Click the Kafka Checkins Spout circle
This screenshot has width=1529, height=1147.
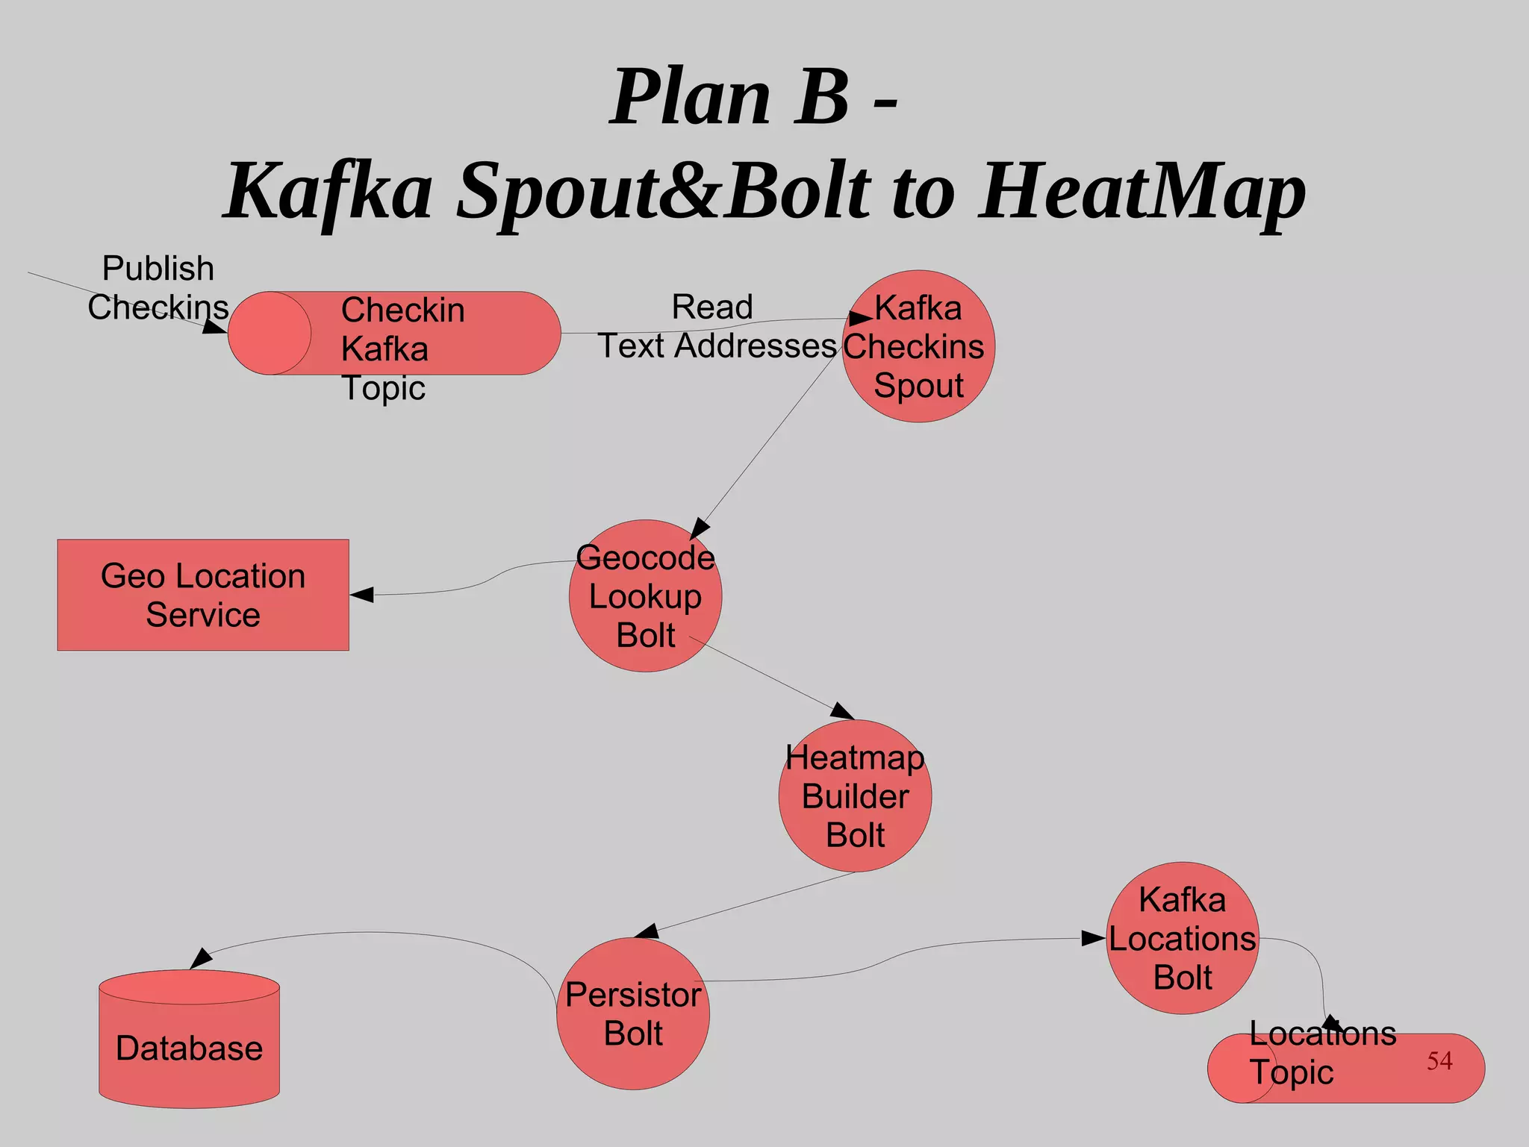tap(918, 346)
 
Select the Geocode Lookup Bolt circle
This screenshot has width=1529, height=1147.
tap(645, 596)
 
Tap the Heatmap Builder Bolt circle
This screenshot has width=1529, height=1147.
tap(855, 796)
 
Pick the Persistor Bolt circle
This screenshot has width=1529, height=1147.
tap(633, 1014)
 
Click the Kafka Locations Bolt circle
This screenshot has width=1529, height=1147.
tap(1182, 939)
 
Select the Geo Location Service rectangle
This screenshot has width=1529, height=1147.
tap(203, 595)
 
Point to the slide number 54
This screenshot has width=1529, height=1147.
tap(1439, 1060)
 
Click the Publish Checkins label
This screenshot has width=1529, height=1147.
tap(158, 288)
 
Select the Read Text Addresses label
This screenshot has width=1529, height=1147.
tap(715, 327)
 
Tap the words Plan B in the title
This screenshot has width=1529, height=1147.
tap(729, 97)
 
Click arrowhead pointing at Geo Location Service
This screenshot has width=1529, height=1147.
tap(362, 595)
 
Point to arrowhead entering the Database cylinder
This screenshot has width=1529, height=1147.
tap(200, 959)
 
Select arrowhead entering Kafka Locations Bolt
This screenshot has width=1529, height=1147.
tap(1094, 939)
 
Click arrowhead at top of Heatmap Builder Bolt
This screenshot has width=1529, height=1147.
tap(843, 711)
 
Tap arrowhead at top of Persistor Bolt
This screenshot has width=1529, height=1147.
tap(647, 931)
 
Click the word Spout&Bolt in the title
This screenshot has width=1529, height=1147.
tap(663, 192)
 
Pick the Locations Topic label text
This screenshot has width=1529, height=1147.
tap(1321, 1053)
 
